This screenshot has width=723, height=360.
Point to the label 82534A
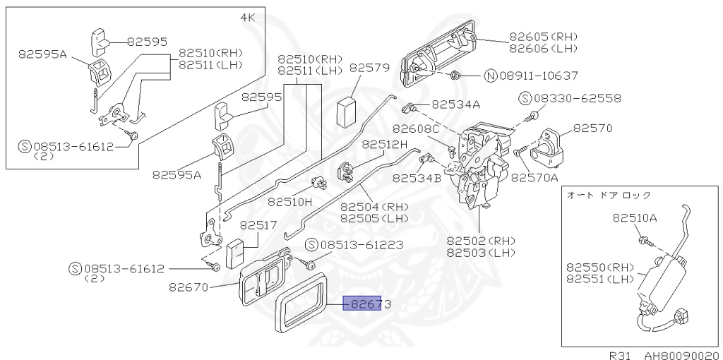[x=455, y=104]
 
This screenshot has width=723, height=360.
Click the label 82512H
[x=385, y=144]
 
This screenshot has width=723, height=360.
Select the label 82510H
[x=289, y=202]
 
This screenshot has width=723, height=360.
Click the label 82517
[x=258, y=226]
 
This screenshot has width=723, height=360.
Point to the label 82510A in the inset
[x=635, y=218]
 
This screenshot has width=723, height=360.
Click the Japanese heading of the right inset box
[x=609, y=194]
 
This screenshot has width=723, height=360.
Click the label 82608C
[x=416, y=128]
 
